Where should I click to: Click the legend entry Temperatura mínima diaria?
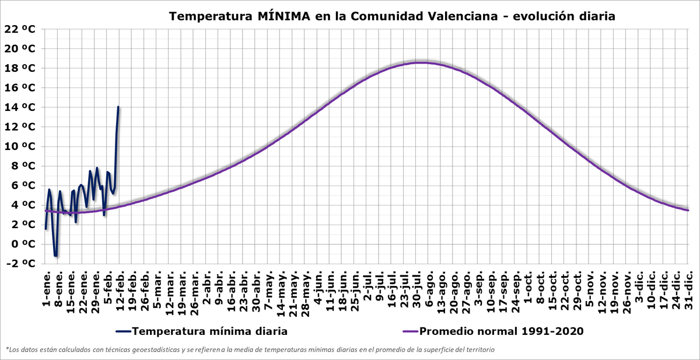point(209,331)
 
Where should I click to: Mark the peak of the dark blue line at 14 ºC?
point(118,107)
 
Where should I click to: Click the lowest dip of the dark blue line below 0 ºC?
point(55,256)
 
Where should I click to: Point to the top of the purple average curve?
point(420,62)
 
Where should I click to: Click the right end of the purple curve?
point(688,210)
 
